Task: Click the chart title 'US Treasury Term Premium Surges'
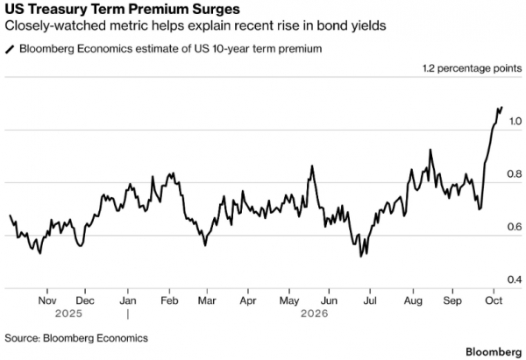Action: pos(123,9)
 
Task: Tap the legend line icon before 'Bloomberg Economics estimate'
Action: pos(10,50)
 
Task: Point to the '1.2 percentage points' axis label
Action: pos(472,68)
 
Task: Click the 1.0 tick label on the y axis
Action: pos(515,121)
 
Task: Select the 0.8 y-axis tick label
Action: pos(515,174)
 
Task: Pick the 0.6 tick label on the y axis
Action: pos(515,227)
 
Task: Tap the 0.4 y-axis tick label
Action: pos(515,279)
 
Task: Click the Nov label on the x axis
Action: pos(47,300)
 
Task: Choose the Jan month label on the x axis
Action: pos(128,300)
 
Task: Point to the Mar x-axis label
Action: pos(207,300)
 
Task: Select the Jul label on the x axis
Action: pos(370,300)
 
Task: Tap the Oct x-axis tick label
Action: pos(494,300)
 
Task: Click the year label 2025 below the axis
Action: pos(68,314)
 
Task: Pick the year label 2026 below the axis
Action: pos(315,314)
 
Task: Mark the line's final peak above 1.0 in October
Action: pos(501,107)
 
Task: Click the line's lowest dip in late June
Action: pos(361,257)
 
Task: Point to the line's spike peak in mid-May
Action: pos(312,166)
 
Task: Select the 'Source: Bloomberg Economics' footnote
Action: pos(76,338)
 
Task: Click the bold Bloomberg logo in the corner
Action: pos(494,352)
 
